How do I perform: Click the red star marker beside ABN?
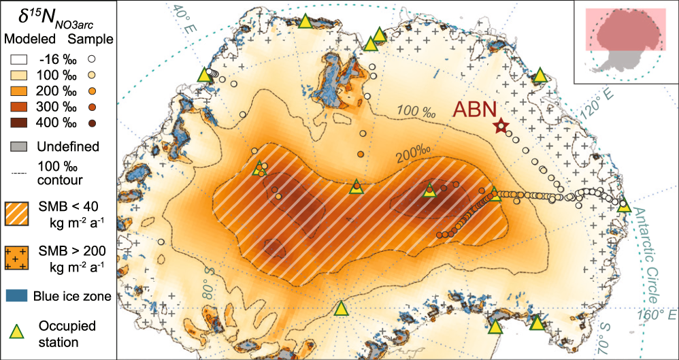501,126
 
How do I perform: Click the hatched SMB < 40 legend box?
21,214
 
